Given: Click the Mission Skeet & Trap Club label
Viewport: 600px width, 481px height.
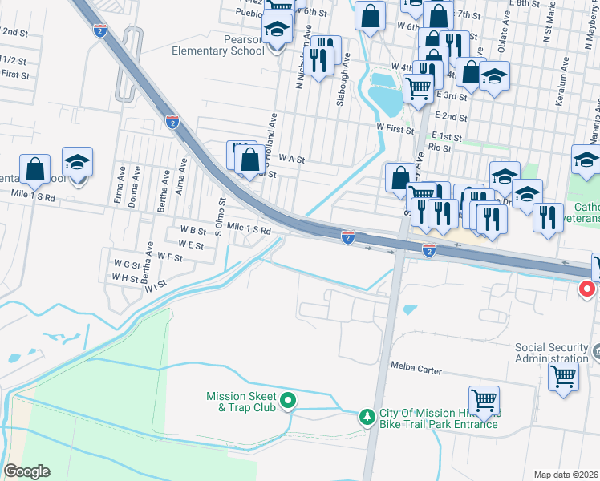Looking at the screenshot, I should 241,402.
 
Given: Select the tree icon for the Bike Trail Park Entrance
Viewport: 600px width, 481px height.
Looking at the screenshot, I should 367,417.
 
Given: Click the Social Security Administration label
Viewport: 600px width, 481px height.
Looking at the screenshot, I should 552,353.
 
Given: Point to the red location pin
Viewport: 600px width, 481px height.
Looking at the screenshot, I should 588,289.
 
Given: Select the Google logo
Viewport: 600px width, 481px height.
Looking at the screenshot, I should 26,471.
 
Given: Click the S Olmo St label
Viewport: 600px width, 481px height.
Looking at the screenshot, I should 217,210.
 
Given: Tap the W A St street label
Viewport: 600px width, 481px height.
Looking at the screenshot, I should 291,160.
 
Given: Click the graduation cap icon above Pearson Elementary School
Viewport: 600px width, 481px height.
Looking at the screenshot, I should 278,30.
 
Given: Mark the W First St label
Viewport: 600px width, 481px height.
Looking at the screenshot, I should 395,127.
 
